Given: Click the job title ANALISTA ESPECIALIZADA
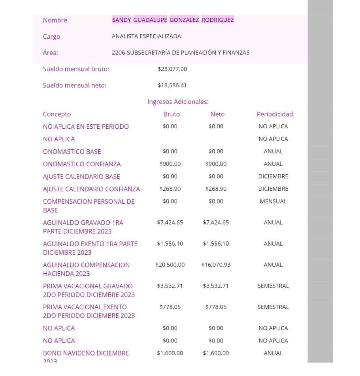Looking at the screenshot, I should pyautogui.click(x=146, y=36).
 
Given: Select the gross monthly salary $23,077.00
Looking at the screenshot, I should pyautogui.click(x=172, y=69).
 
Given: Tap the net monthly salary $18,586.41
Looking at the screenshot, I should pyautogui.click(x=172, y=85).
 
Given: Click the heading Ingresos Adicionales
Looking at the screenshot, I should pyautogui.click(x=178, y=102).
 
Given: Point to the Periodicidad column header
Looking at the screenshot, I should pyautogui.click(x=275, y=114).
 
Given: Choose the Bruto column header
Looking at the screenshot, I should pyautogui.click(x=172, y=114).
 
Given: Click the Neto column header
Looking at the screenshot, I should pyautogui.click(x=217, y=114).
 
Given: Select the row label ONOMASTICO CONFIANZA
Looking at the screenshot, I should pyautogui.click(x=82, y=164).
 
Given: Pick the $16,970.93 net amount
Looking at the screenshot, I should pyautogui.click(x=216, y=265).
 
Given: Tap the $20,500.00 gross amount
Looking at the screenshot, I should pyautogui.click(x=170, y=265).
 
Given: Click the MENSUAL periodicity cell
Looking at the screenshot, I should pyautogui.click(x=273, y=201).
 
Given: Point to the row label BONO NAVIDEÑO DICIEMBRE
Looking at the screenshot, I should pyautogui.click(x=86, y=353).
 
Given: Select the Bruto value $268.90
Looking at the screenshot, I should pyautogui.click(x=170, y=189).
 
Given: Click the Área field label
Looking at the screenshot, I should pyautogui.click(x=50, y=53).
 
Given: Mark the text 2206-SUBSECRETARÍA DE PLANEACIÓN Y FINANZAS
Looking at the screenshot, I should pyautogui.click(x=181, y=53).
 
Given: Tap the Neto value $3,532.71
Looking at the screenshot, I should pyautogui.click(x=216, y=286).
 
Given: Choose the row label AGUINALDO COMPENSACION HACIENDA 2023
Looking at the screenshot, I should pyautogui.click(x=86, y=269).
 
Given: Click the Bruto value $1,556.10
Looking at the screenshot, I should pyautogui.click(x=170, y=244).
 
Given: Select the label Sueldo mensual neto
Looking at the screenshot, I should pyautogui.click(x=74, y=85).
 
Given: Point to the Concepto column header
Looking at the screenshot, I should pyautogui.click(x=57, y=114).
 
